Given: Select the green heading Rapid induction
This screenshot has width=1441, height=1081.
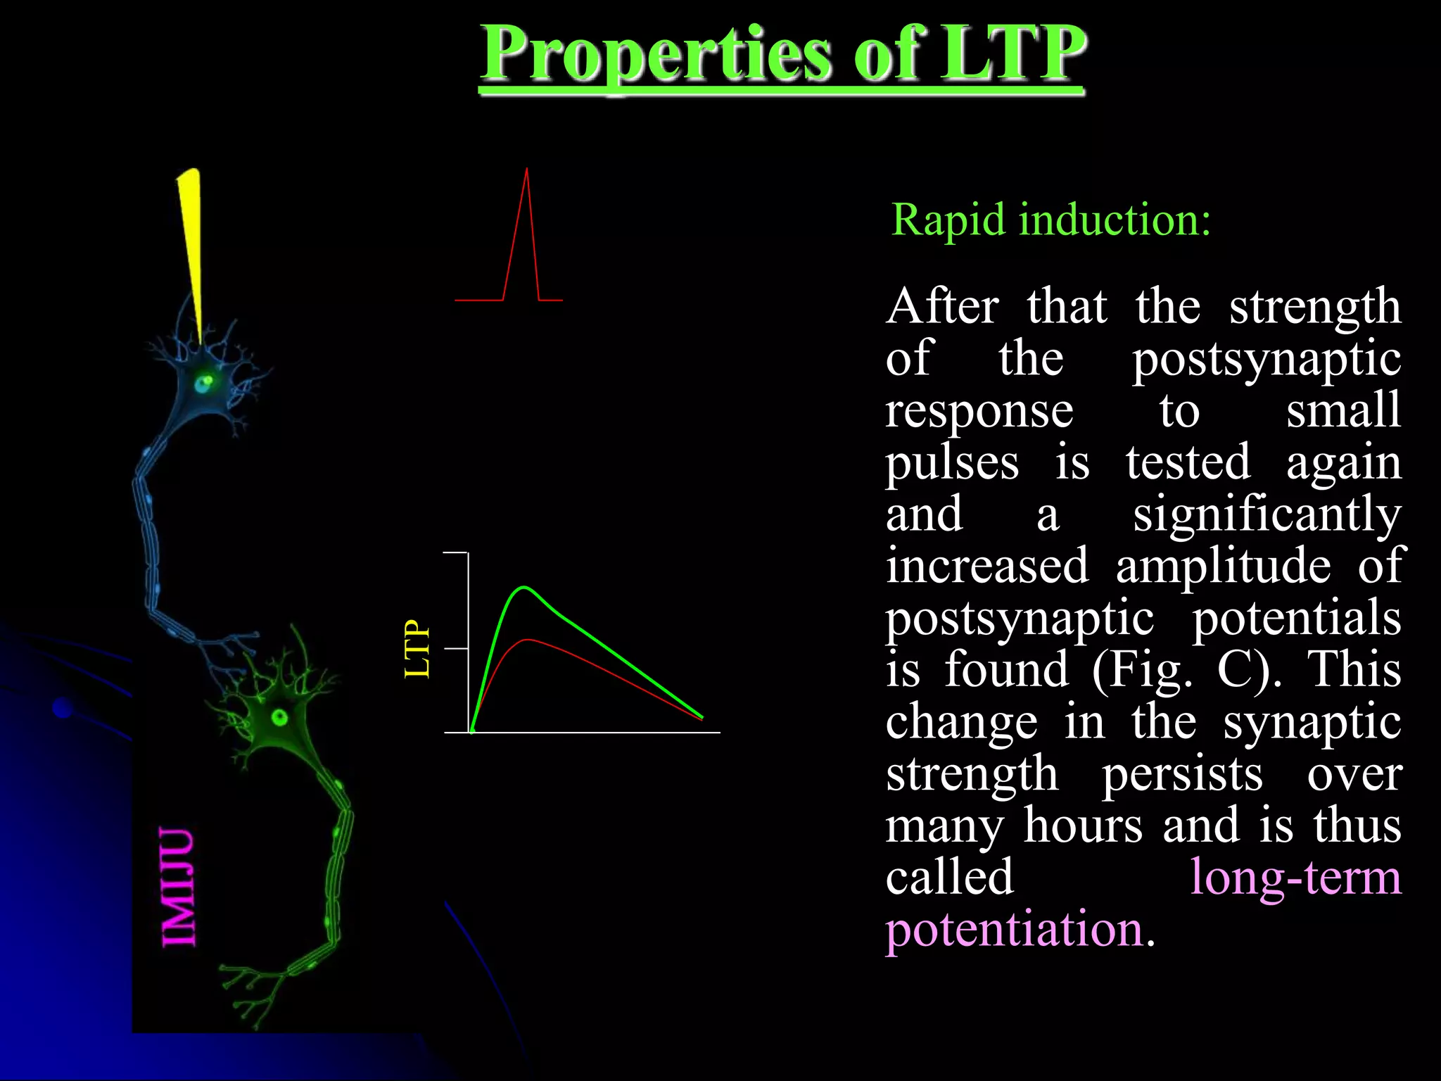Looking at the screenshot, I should click(1050, 220).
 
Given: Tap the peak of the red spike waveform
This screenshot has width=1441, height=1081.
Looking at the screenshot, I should click(526, 171).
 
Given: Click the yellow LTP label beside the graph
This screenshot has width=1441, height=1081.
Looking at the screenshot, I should click(417, 649).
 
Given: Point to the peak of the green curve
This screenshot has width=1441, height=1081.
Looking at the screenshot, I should click(523, 587).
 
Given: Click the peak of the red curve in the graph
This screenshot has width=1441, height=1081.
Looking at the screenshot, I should click(526, 640).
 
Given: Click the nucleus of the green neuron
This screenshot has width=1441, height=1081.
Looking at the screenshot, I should click(279, 718).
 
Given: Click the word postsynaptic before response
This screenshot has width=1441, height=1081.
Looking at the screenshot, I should click(1266, 359).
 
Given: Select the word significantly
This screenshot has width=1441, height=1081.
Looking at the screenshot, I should click(1266, 514).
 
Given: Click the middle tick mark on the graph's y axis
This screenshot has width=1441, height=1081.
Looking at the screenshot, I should click(456, 648).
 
